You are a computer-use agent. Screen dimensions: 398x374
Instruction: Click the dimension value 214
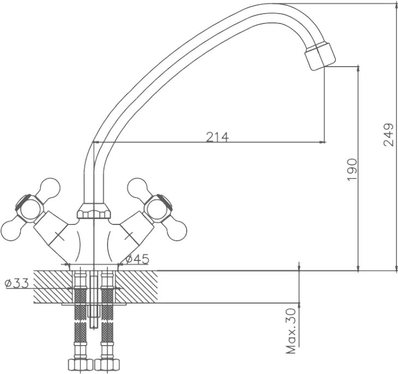point(217,137)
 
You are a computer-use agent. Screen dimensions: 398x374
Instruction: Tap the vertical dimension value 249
point(389,134)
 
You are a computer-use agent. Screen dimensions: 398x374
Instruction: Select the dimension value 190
point(352,170)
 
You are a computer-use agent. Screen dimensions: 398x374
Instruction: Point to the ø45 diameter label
point(138,259)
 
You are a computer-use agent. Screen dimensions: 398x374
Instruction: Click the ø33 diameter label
point(17,283)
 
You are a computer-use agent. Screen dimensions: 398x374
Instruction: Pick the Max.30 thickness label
point(291,331)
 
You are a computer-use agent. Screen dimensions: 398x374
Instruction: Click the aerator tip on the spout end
point(320,56)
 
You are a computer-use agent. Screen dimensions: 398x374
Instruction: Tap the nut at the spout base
point(94,211)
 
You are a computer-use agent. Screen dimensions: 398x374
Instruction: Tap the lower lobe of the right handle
point(176,230)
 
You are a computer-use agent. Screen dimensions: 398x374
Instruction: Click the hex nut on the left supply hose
point(80,365)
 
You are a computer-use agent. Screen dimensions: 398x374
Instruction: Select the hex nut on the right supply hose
point(107,365)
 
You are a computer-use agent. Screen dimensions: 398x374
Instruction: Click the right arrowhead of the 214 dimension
point(322,142)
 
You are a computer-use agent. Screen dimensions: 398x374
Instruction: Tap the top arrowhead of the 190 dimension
point(358,69)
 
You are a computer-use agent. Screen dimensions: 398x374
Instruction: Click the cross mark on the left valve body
point(60,236)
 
